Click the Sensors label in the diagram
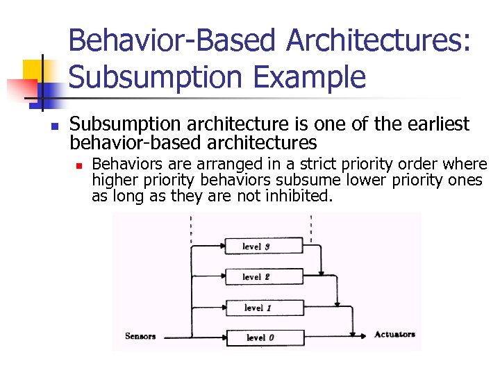tap(140, 336)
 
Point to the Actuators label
tap(394, 335)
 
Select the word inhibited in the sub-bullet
tap(298, 196)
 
